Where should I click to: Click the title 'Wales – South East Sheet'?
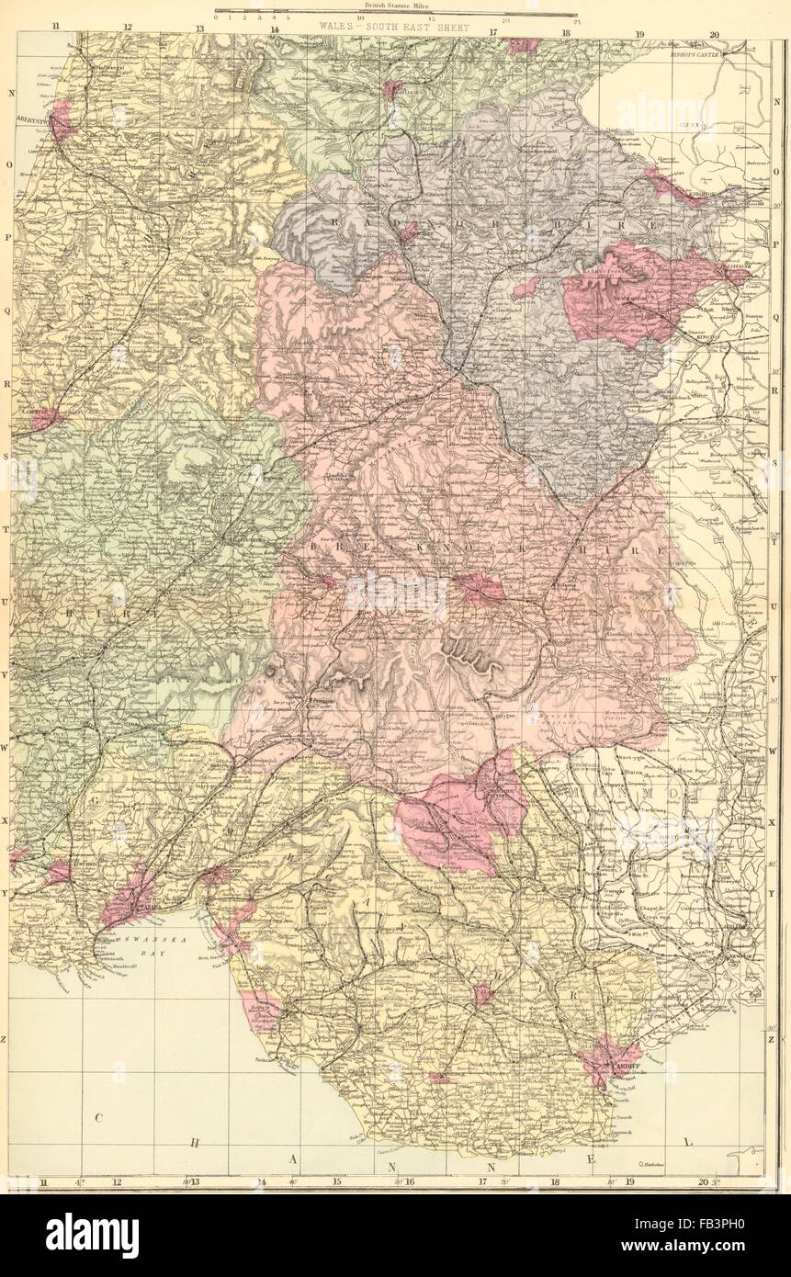click(394, 28)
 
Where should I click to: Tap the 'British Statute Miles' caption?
click(395, 6)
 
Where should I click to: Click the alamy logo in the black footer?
click(92, 1235)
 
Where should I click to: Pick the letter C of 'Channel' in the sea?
click(95, 1117)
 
